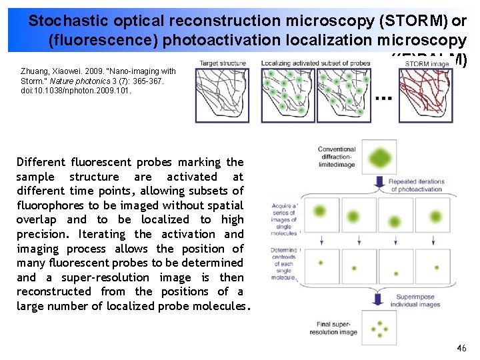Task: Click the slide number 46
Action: [x=461, y=348]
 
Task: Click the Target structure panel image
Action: [x=224, y=95]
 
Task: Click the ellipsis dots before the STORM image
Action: [x=383, y=97]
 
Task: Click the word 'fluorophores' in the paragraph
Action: [x=53, y=205]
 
